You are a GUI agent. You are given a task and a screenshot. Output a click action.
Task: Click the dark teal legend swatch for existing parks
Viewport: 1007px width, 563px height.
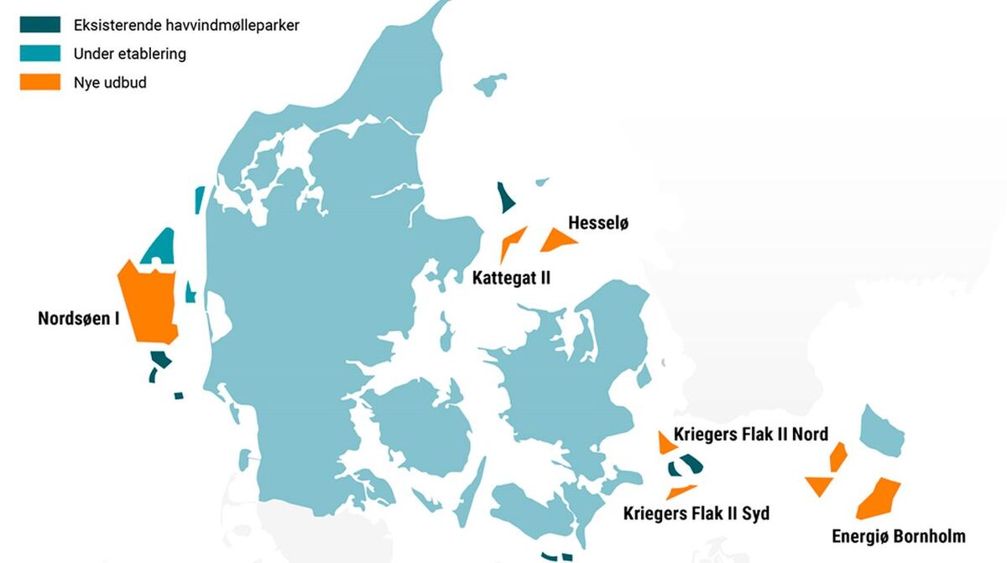[x=40, y=25]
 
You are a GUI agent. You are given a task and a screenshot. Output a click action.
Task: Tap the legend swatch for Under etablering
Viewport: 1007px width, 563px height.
[x=40, y=54]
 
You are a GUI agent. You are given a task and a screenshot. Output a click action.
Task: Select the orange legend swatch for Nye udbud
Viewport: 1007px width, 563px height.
[x=40, y=82]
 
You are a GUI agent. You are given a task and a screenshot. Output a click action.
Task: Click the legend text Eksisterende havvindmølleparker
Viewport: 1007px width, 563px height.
[x=186, y=25]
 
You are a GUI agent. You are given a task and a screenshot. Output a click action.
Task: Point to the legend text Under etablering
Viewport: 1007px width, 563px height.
[x=130, y=54]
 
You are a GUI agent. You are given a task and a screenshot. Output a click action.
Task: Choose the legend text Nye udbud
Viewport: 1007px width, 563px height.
[x=110, y=82]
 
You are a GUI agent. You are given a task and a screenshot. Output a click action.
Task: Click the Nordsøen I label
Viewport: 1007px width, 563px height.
[x=79, y=319]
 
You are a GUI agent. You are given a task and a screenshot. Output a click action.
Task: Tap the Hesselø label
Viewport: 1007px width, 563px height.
[x=598, y=223]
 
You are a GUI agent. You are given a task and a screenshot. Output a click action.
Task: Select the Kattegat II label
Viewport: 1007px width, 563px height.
[x=511, y=278]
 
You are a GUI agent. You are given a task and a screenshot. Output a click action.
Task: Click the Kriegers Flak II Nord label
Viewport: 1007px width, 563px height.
[x=751, y=434]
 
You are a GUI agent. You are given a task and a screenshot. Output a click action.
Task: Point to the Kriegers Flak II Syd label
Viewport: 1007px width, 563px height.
[x=697, y=513]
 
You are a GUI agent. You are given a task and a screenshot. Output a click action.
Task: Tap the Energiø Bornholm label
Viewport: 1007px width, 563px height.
[x=899, y=536]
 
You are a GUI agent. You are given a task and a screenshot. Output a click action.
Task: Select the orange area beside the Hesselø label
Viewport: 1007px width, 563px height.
[x=557, y=241]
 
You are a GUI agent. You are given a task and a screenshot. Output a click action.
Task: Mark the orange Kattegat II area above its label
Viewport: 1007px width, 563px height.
[x=511, y=242]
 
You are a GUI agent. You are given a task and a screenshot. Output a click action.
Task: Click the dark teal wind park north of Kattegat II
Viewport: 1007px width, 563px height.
[x=505, y=199]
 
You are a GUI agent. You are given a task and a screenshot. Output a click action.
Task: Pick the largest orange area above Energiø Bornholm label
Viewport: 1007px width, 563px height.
[x=879, y=498]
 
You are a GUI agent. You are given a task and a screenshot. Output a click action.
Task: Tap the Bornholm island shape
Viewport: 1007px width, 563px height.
[x=881, y=431]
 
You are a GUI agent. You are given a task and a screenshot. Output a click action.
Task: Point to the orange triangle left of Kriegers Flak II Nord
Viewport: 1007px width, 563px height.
[x=665, y=443]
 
